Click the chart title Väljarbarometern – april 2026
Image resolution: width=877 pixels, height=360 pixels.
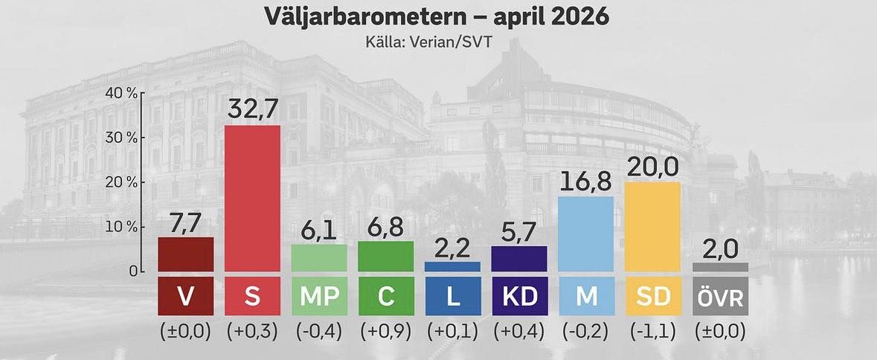pos(437,16)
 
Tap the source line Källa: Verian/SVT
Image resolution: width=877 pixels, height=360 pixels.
pos(437,42)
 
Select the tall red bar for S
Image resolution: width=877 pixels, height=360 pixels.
pos(252,198)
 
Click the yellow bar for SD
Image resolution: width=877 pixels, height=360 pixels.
pos(652,226)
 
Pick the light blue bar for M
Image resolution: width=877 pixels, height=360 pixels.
pos(585,234)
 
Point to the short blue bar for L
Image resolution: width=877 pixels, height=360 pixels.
pos(452,266)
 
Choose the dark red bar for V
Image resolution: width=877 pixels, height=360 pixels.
pos(186,254)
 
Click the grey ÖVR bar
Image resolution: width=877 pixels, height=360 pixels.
pos(720,266)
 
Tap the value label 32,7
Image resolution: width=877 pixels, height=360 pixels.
pos(252,110)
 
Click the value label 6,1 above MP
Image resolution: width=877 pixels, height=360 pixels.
pos(319,231)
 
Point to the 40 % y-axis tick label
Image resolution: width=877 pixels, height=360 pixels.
pos(122,93)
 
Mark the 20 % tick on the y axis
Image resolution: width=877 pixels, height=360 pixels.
pos(122,182)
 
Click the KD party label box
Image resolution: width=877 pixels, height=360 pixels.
pos(519,296)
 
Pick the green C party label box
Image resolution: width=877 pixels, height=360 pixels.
pos(385,296)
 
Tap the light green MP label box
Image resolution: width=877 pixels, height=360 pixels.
pos(319,296)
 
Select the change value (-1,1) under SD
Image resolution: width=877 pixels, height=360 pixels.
pos(652,332)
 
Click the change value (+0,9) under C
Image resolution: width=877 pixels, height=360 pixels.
pos(385,332)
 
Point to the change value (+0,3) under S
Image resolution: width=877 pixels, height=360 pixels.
pos(252,332)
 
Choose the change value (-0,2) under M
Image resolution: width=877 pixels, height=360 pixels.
pos(585,332)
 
